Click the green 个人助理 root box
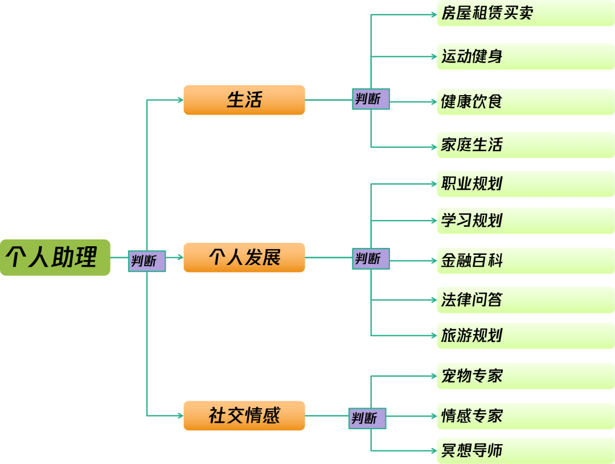[55, 257]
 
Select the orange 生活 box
[244, 100]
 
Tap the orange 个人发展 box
[244, 257]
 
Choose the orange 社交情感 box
[244, 416]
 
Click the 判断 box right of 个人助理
[146, 261]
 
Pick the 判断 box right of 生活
[371, 99]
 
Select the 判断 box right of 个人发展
[371, 258]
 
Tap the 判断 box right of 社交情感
[367, 418]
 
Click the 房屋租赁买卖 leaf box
[525, 14]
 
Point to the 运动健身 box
[525, 56]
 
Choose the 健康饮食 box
[525, 101]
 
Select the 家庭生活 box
[525, 145]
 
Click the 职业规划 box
[525, 184]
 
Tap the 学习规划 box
[525, 220]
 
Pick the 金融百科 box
[525, 261]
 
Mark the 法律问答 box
[525, 299]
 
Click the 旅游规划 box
[525, 335]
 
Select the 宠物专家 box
[525, 376]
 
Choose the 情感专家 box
[525, 416]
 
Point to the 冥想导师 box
[525, 450]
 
